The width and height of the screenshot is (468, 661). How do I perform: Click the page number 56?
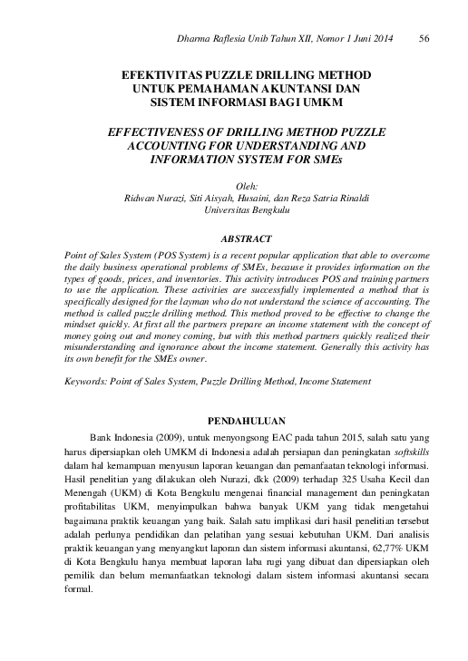tap(424, 38)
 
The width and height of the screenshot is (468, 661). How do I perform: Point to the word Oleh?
tap(234, 185)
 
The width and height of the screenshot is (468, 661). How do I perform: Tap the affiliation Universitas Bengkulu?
tap(233, 208)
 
